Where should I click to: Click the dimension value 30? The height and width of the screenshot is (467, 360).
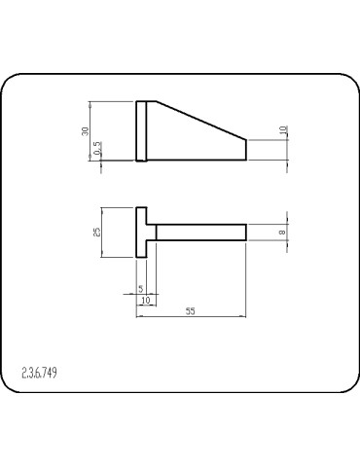(x=86, y=131)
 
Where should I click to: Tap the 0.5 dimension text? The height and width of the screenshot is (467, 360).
(x=97, y=148)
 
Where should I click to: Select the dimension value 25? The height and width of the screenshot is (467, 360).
(x=97, y=233)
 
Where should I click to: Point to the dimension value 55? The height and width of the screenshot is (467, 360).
(x=191, y=311)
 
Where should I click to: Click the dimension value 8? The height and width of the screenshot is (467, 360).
(x=282, y=233)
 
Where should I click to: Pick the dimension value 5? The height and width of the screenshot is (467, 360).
(x=140, y=288)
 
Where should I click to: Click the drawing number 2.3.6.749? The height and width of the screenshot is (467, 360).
(x=39, y=373)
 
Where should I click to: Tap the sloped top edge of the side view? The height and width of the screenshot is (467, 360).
(x=201, y=121)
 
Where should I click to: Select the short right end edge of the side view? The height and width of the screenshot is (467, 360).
(x=246, y=150)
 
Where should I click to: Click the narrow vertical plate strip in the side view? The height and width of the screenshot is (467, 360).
(x=141, y=131)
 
